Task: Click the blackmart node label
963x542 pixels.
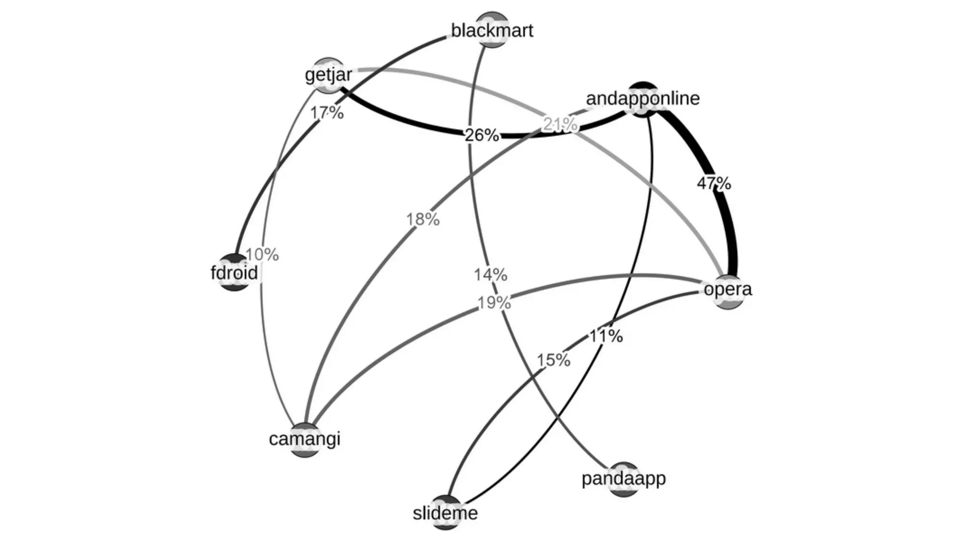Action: click(x=492, y=31)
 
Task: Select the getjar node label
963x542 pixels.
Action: click(x=328, y=74)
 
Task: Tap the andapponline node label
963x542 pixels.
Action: click(x=643, y=98)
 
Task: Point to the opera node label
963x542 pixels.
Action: click(x=727, y=289)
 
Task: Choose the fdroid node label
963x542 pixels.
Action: click(x=234, y=273)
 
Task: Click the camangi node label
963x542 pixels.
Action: click(x=305, y=439)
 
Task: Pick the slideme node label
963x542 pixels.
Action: click(x=445, y=513)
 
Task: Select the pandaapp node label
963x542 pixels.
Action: click(x=624, y=478)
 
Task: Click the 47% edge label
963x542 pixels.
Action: click(x=714, y=183)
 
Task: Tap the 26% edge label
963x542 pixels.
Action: click(x=481, y=135)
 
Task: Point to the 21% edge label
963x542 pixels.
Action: click(x=560, y=125)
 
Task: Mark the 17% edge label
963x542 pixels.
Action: click(x=327, y=113)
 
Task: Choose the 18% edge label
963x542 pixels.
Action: click(x=423, y=219)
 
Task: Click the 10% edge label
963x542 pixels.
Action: click(x=262, y=255)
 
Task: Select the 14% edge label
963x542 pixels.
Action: click(x=490, y=275)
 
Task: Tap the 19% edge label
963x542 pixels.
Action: click(x=494, y=303)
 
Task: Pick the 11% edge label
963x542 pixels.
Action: click(x=606, y=336)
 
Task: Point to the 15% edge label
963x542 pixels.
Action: click(x=553, y=360)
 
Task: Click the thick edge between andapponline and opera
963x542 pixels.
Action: click(x=729, y=226)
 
